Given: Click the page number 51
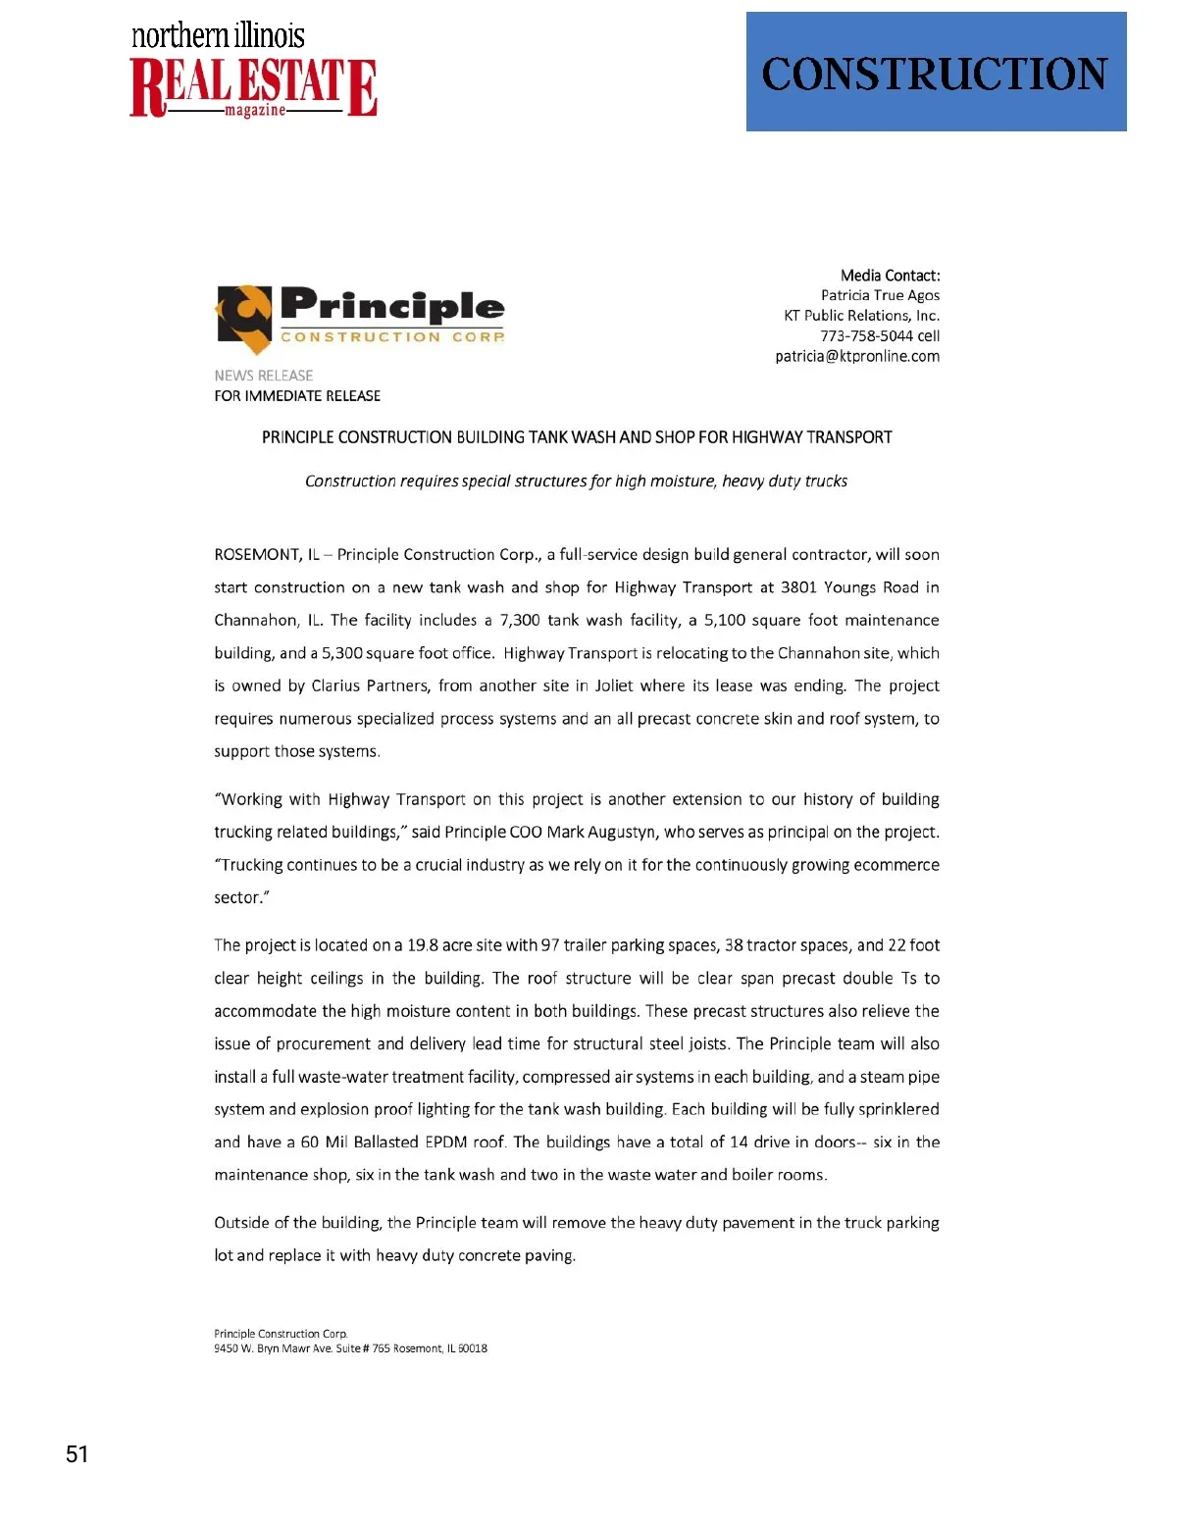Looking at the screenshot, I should tap(77, 1453).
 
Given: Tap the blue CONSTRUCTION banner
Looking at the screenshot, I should tap(936, 72).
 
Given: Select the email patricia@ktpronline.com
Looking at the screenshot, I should tap(857, 356).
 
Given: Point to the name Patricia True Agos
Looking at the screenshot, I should tap(880, 295).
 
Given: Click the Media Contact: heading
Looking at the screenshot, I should tap(890, 276).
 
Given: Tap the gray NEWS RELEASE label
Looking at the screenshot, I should tap(264, 376).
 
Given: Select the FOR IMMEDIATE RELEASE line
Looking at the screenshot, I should tap(297, 396).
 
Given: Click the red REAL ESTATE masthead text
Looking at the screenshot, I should tap(253, 86).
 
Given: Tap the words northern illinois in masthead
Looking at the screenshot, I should tap(218, 36).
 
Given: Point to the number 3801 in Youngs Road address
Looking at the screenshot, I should tap(797, 587).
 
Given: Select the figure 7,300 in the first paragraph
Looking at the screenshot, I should tap(520, 621).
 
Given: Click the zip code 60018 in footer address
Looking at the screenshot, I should tap(473, 1348).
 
